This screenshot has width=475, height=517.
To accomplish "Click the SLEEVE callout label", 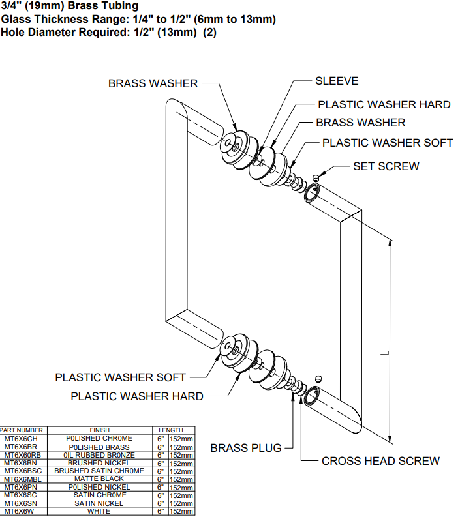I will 337,81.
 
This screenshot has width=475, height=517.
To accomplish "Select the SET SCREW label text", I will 386,166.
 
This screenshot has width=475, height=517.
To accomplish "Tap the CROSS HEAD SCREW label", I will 380,461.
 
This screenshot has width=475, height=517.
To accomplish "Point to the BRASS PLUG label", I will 246,448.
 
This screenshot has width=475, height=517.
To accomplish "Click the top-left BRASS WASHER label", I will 153,83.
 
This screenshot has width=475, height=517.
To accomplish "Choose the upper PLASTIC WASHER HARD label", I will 384,104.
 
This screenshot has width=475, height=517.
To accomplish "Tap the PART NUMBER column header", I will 22,430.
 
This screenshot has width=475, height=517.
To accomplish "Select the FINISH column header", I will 99,430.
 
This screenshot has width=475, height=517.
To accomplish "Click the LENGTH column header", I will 171,430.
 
